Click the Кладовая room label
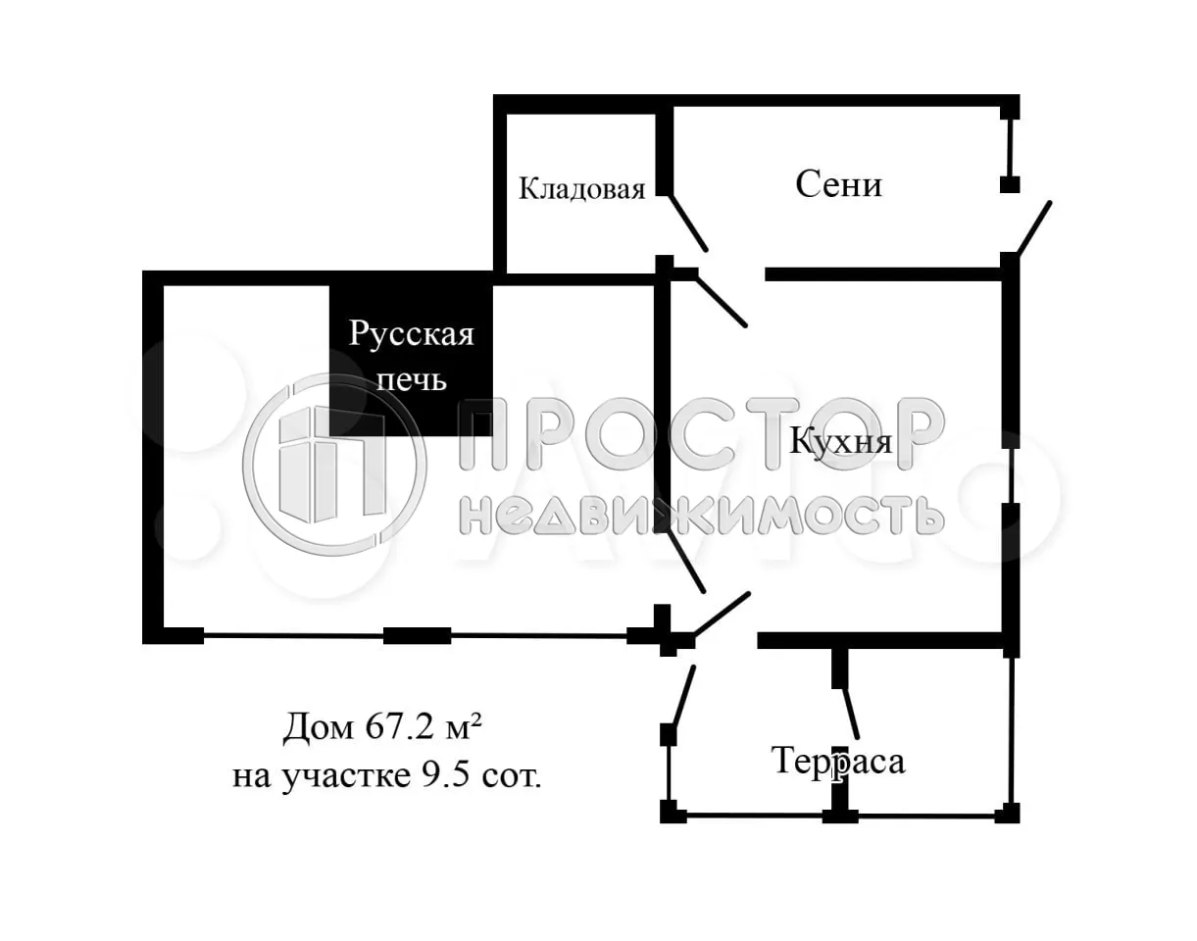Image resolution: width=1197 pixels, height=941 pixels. (581, 189)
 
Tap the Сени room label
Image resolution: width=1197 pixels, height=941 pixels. (838, 184)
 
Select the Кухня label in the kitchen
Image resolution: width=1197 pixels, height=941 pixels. (841, 442)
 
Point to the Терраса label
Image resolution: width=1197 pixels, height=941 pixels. (838, 761)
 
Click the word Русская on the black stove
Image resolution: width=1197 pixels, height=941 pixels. (411, 334)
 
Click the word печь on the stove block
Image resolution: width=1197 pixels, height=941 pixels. (412, 379)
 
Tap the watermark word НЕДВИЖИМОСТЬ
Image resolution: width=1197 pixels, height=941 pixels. (701, 514)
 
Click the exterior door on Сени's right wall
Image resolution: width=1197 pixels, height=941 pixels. (1033, 227)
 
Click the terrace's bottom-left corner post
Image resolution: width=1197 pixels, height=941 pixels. (669, 812)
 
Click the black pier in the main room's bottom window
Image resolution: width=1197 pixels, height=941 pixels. (417, 635)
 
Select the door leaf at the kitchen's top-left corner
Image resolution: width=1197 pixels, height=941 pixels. (721, 300)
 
